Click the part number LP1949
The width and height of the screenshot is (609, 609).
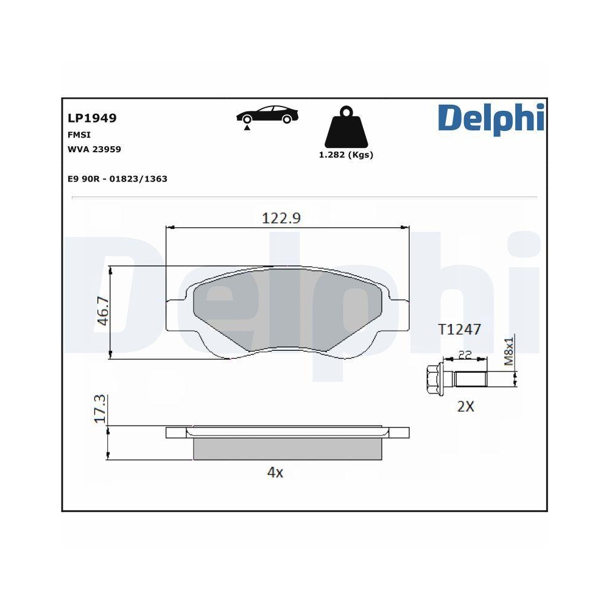[x=92, y=118]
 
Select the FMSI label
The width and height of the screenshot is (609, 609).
[x=79, y=135]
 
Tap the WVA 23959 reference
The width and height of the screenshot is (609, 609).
[x=94, y=149]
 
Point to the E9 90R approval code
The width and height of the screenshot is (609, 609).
[x=118, y=178]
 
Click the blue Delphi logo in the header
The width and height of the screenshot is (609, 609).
[x=491, y=119]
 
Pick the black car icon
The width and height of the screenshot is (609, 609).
[x=267, y=114]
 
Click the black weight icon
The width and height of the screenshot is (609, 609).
[x=346, y=127]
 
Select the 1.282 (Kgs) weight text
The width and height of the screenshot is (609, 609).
[x=346, y=155]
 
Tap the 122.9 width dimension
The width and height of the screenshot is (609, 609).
[x=281, y=218]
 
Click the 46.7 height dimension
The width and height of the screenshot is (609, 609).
[x=103, y=311]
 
